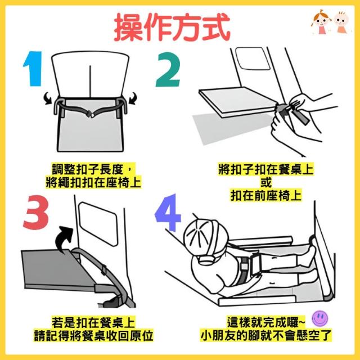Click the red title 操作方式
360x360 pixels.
click(172, 27)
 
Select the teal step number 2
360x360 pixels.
click(168, 70)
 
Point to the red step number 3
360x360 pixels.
click(36, 212)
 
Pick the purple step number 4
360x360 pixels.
click(168, 213)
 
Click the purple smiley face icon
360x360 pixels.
click(320, 318)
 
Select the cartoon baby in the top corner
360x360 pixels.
click(341, 22)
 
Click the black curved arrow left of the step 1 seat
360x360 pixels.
click(48, 98)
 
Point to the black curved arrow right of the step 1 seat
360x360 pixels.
click(133, 98)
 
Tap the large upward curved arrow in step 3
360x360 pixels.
click(64, 238)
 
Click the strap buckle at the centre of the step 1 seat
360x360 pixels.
click(90, 114)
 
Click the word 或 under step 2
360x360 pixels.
click(266, 182)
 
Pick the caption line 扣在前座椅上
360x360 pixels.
click(266, 196)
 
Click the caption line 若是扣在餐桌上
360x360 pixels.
click(93, 322)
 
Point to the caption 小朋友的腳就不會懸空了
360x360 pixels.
click(266, 336)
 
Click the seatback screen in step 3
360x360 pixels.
click(98, 223)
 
